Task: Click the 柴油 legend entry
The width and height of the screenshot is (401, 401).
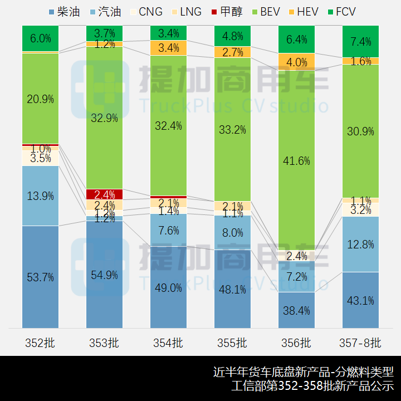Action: click(65, 11)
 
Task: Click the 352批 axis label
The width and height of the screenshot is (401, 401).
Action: click(41, 343)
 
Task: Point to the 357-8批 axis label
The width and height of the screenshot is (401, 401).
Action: click(360, 343)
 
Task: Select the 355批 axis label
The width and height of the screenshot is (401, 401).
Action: click(232, 343)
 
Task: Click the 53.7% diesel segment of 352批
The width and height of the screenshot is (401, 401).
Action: click(41, 277)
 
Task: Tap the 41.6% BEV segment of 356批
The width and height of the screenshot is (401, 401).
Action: click(296, 160)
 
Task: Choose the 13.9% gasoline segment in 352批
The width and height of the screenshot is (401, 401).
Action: click(41, 195)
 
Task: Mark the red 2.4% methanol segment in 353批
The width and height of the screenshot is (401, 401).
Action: click(104, 194)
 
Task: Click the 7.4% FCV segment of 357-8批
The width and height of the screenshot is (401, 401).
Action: click(360, 41)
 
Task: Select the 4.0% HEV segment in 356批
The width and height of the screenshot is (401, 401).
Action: click(296, 62)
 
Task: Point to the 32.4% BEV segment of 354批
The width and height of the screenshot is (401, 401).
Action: click(168, 126)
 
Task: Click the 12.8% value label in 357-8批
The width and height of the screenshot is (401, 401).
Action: click(360, 243)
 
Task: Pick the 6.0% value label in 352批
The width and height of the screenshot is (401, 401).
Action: click(41, 38)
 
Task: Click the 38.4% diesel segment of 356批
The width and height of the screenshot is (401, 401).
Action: click(296, 310)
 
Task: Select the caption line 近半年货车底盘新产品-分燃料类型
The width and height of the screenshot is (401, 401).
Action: click(303, 371)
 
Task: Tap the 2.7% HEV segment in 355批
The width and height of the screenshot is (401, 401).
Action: click(232, 52)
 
